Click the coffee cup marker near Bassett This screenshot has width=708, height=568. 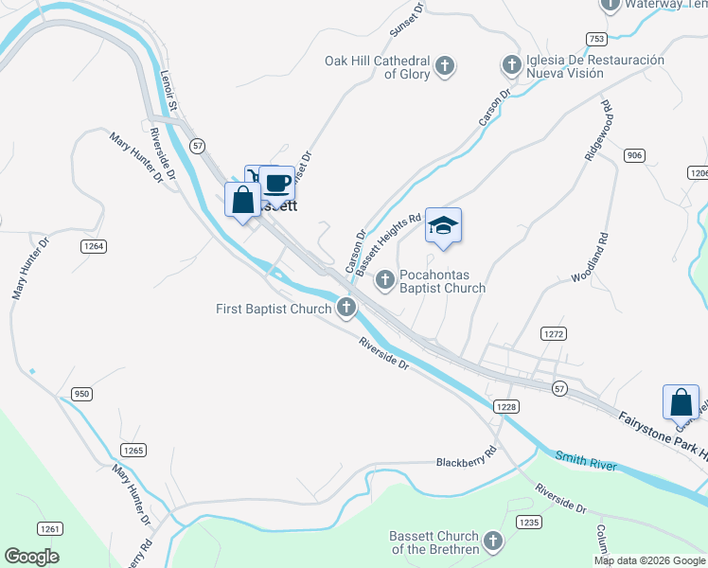tap(277, 183)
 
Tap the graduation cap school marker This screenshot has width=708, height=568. tap(443, 225)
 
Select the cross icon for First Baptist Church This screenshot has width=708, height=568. tap(347, 307)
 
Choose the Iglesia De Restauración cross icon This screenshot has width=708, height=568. tap(511, 65)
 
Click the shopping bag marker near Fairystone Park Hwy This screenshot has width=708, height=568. tap(681, 402)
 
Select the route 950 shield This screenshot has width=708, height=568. tap(82, 393)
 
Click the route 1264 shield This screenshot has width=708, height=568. tap(94, 246)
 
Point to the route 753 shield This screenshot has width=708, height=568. tap(595, 39)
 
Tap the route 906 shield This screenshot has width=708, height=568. tap(634, 154)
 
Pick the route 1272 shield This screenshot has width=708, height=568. tap(554, 334)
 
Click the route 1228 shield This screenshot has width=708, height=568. tap(504, 406)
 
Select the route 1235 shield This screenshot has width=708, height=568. tap(528, 522)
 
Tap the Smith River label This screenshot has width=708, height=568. tap(586, 461)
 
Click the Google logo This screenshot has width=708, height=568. tap(31, 557)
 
